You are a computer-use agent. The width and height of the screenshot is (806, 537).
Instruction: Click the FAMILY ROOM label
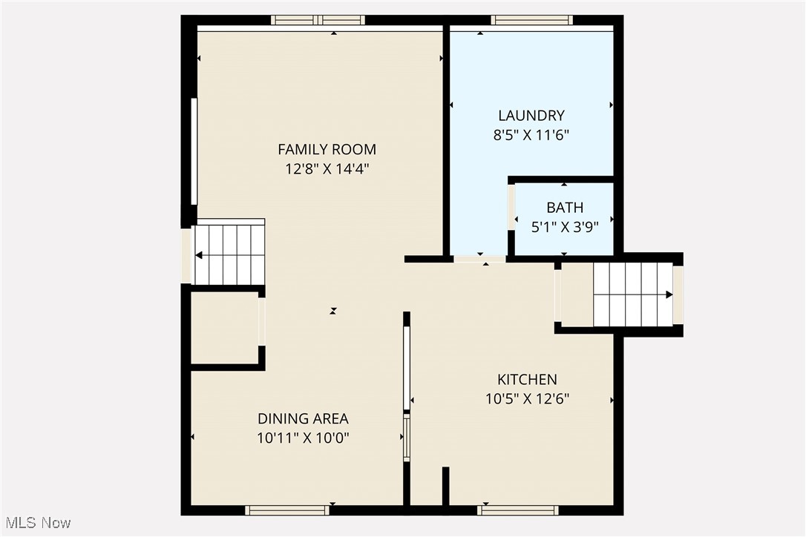click(x=327, y=149)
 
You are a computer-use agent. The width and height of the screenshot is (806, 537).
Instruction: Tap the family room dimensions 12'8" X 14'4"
click(x=327, y=168)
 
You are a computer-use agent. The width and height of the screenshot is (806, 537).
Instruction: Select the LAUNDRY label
click(x=531, y=116)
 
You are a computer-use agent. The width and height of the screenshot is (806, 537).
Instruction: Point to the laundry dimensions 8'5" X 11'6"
click(x=531, y=135)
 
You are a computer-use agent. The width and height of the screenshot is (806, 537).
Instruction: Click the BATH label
click(x=565, y=208)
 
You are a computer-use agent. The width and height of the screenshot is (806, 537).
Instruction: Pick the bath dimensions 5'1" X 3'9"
click(x=565, y=227)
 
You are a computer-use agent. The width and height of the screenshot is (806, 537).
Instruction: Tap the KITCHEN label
click(x=527, y=380)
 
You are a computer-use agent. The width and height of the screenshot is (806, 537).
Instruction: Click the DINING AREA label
click(x=303, y=418)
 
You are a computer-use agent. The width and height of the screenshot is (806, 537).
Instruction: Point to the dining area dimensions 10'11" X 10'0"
click(x=303, y=438)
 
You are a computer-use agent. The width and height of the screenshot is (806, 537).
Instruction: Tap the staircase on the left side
click(x=229, y=255)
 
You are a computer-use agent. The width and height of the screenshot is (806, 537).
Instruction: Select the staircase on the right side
click(x=632, y=294)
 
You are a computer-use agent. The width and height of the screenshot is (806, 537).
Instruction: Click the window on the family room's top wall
click(x=318, y=20)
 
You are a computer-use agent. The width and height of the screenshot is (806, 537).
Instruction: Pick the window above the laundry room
click(x=531, y=20)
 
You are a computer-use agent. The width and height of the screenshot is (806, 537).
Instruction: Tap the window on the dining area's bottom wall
click(x=287, y=510)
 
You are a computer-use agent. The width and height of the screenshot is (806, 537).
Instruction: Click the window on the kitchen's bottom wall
click(x=518, y=510)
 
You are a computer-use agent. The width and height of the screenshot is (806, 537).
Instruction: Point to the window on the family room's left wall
click(x=194, y=151)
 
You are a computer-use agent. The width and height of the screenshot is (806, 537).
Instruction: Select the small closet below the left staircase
click(x=224, y=329)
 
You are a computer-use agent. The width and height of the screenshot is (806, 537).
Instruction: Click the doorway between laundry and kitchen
click(x=479, y=259)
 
